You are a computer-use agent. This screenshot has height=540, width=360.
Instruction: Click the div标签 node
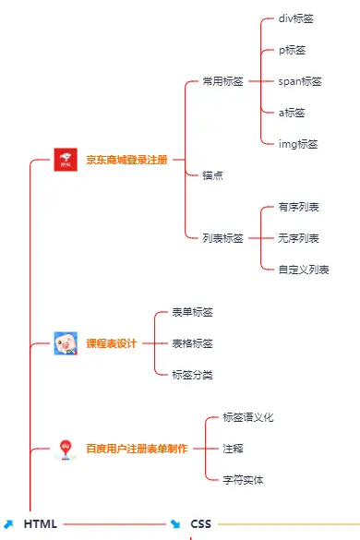296,18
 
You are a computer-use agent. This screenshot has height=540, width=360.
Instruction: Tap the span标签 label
300,81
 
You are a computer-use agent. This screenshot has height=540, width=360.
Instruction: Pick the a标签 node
292,113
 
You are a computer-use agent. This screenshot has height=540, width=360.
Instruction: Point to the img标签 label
298,144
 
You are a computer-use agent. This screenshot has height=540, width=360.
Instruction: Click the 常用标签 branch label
222,81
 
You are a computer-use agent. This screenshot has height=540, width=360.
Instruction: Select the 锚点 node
212,174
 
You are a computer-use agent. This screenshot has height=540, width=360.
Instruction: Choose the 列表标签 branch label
222,238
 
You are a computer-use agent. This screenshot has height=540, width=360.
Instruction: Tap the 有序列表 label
298,207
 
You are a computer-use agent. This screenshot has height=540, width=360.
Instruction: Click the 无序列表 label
298,238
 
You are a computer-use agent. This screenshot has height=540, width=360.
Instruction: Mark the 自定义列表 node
303,270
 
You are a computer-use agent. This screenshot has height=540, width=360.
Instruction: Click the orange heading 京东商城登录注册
126,160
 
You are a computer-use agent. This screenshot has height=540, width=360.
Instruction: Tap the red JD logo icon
65,160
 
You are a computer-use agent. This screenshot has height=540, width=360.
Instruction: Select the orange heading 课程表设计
111,343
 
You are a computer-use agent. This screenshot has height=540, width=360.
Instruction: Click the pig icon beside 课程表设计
65,343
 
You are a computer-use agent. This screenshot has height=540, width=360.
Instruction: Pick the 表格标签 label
192,343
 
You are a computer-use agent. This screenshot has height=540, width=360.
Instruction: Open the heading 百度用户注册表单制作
137,449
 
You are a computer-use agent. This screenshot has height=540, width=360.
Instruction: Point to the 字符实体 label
243,480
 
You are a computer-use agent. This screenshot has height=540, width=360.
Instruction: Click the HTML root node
41,524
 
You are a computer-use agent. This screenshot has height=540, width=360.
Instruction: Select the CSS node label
201,524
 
